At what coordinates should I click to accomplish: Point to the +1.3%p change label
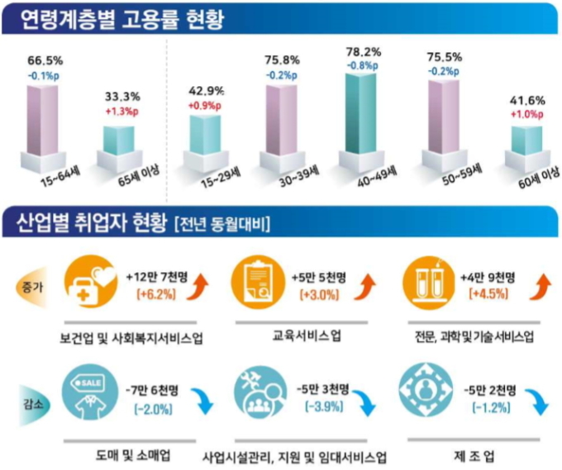(122, 111)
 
